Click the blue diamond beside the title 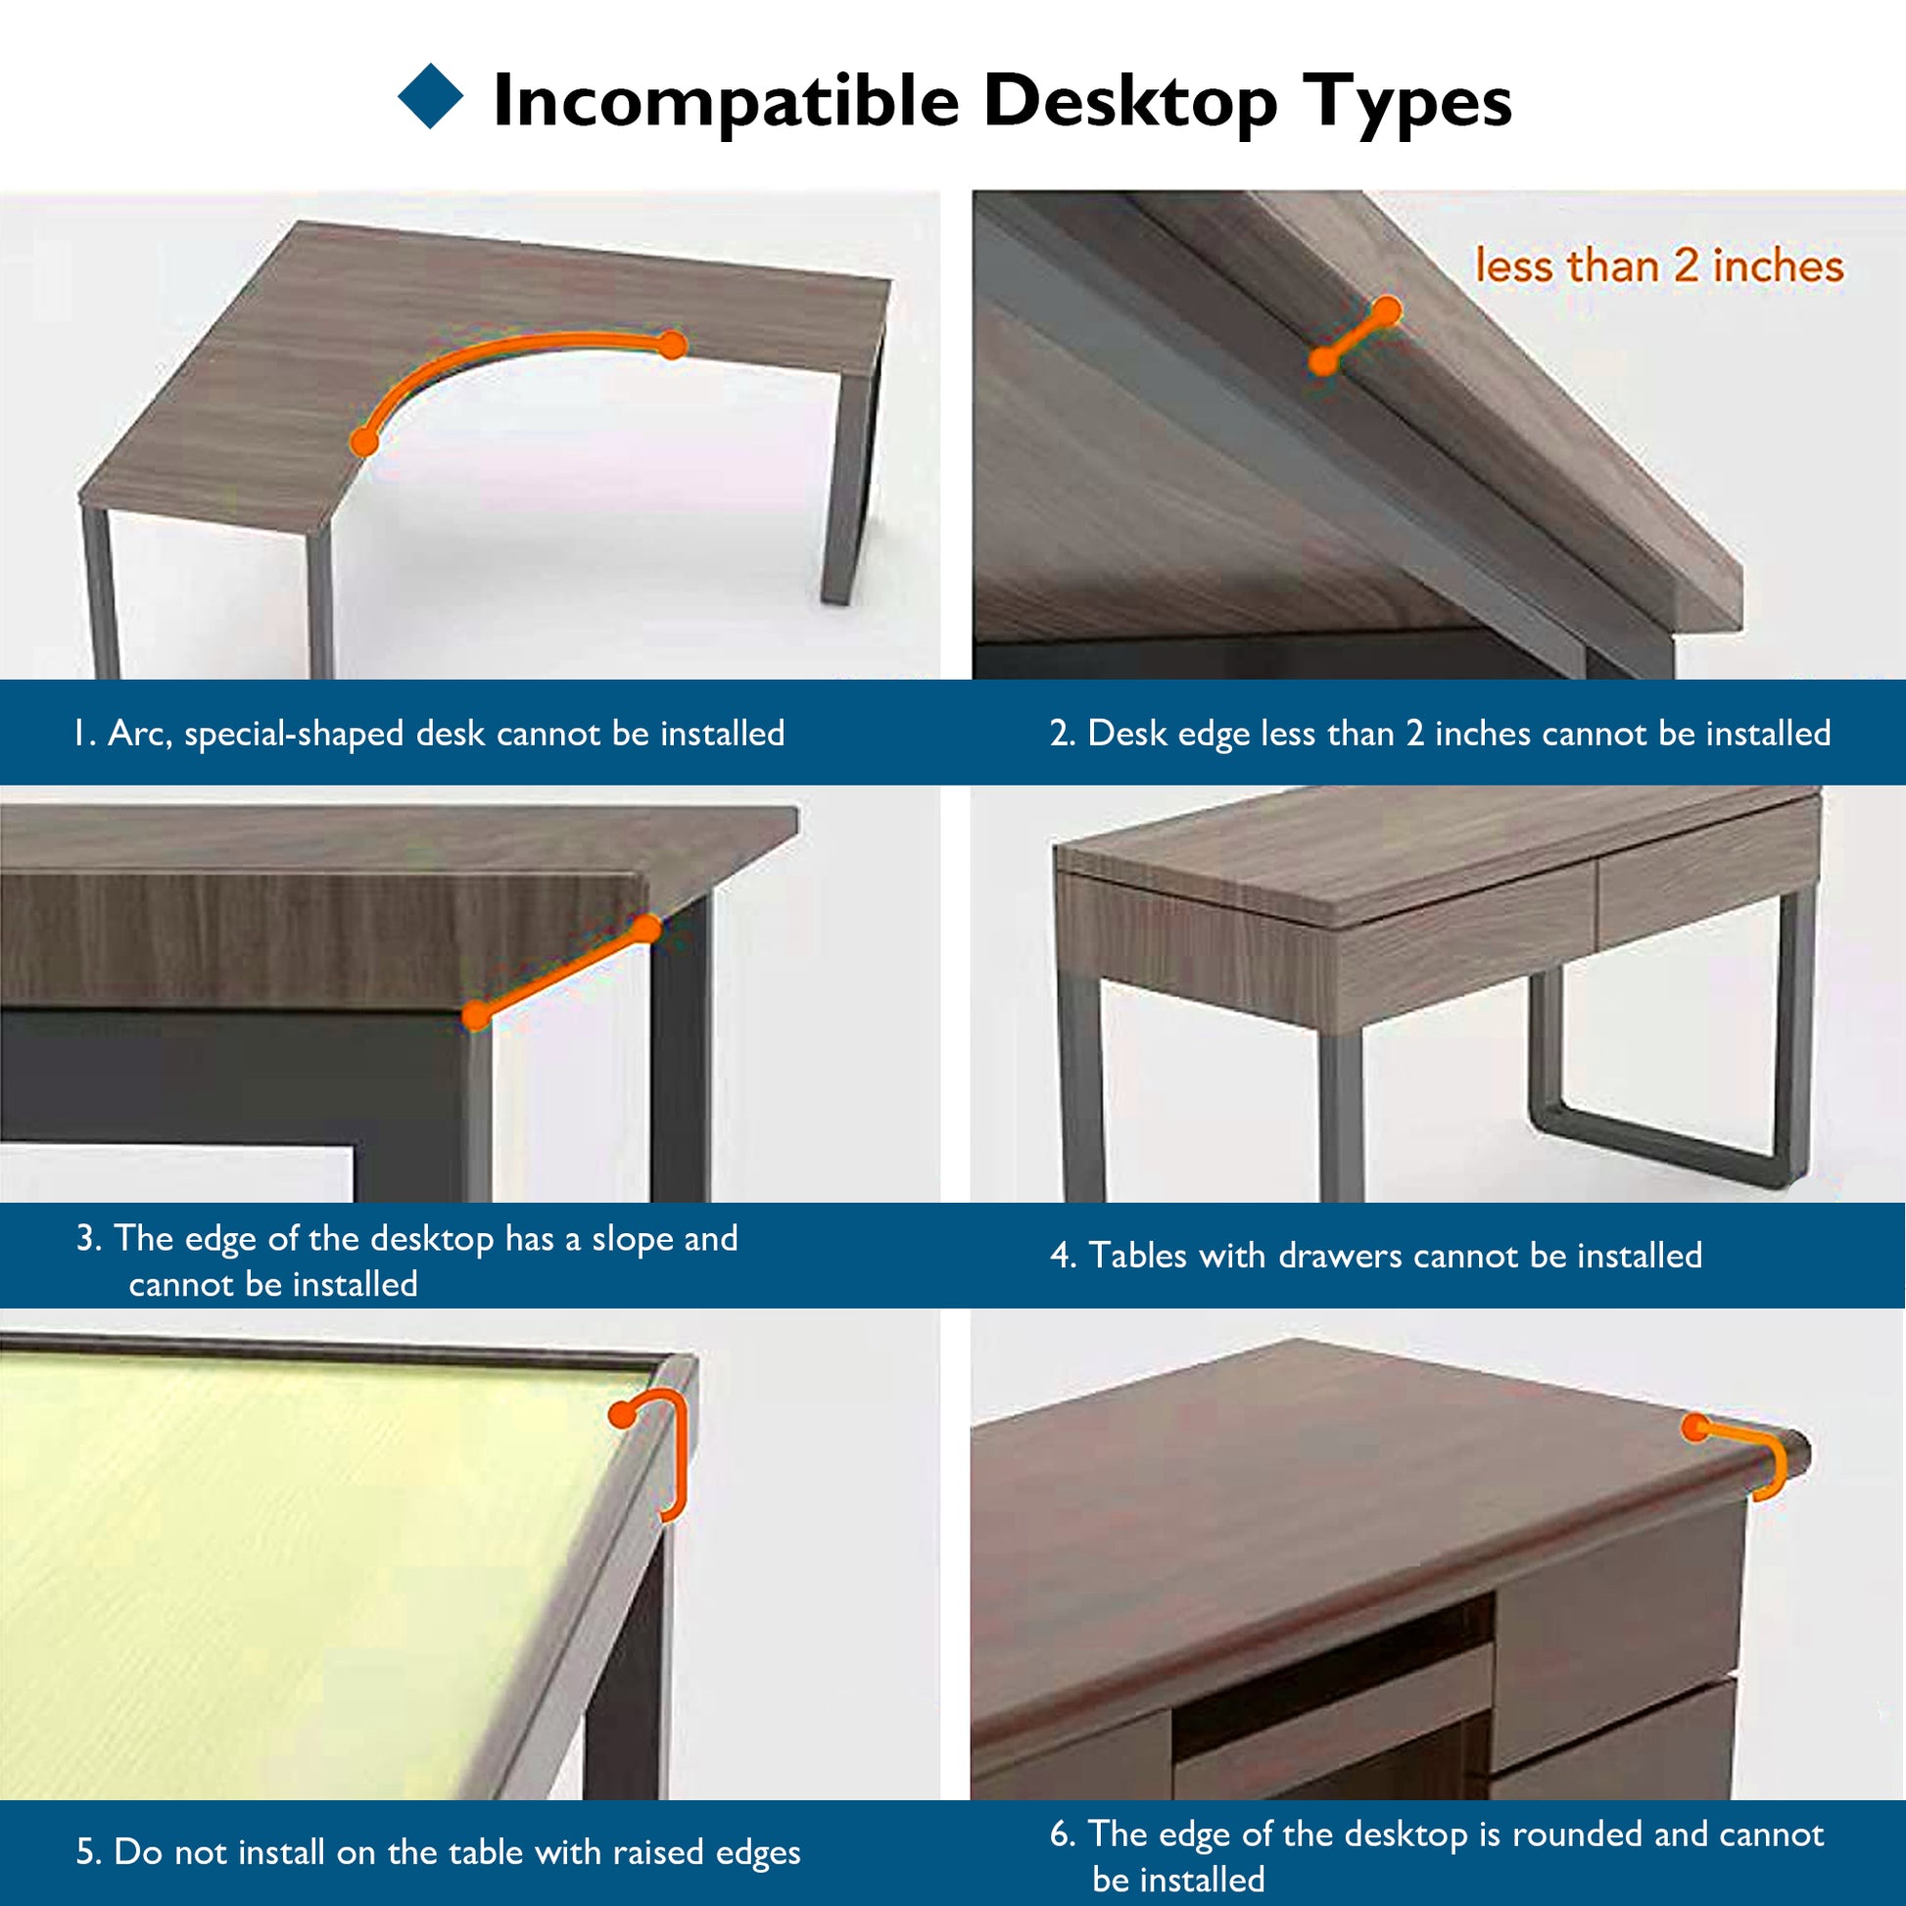(430, 96)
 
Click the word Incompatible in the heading (725, 101)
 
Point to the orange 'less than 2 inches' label (1658, 266)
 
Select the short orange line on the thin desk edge (1355, 336)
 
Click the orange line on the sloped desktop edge (560, 972)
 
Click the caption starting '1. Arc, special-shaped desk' (429, 733)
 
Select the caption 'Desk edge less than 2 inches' (1441, 733)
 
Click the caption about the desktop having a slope (406, 1261)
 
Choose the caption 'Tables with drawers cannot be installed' (1376, 1255)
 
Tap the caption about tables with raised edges (438, 1852)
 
